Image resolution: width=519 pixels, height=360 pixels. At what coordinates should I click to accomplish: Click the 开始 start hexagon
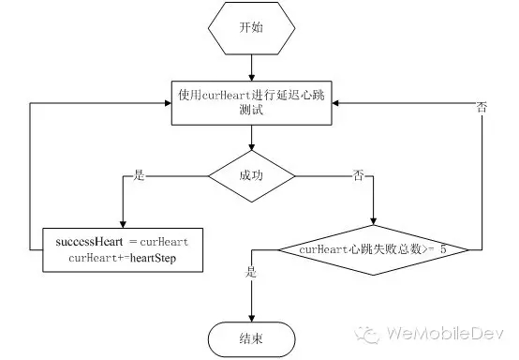251,27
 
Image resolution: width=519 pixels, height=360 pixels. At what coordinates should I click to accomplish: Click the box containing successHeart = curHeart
123,248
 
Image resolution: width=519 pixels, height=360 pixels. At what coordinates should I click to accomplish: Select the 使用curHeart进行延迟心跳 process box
251,101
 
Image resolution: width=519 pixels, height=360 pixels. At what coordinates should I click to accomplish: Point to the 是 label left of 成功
140,174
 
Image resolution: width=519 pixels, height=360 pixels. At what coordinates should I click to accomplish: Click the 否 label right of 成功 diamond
358,174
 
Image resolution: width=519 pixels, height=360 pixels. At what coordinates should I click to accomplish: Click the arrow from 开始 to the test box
251,66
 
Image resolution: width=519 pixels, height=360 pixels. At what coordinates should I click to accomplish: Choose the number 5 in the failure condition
440,249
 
